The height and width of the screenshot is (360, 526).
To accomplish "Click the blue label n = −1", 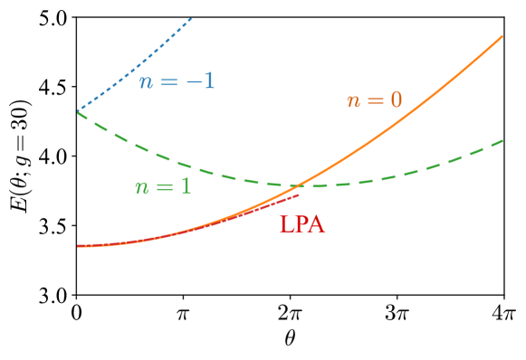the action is [x=177, y=81].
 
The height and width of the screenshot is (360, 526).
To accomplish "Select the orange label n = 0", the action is [x=374, y=100].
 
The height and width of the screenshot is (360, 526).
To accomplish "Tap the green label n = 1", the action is [x=163, y=187].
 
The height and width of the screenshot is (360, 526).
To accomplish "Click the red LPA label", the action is [x=301, y=225].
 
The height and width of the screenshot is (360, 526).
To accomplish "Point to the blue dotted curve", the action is [x=136, y=67].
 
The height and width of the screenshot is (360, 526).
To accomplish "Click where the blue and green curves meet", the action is [x=79, y=111].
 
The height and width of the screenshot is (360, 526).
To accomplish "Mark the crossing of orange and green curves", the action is [x=299, y=185].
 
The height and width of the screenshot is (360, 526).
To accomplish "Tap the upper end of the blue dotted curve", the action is [x=192, y=18].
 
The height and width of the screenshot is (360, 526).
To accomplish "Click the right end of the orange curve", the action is [x=502, y=36].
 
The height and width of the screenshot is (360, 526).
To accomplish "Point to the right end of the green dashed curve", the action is [x=502, y=140].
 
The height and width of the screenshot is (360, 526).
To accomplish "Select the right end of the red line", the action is [x=299, y=194].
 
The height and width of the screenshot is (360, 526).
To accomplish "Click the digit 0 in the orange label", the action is [x=396, y=99].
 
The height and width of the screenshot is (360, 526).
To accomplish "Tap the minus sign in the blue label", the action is [x=193, y=81].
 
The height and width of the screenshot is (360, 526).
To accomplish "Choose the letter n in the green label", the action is [x=142, y=188].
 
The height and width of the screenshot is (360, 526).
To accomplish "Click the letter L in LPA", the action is [x=286, y=225].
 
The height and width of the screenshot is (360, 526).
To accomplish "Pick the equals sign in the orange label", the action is [x=374, y=100].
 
